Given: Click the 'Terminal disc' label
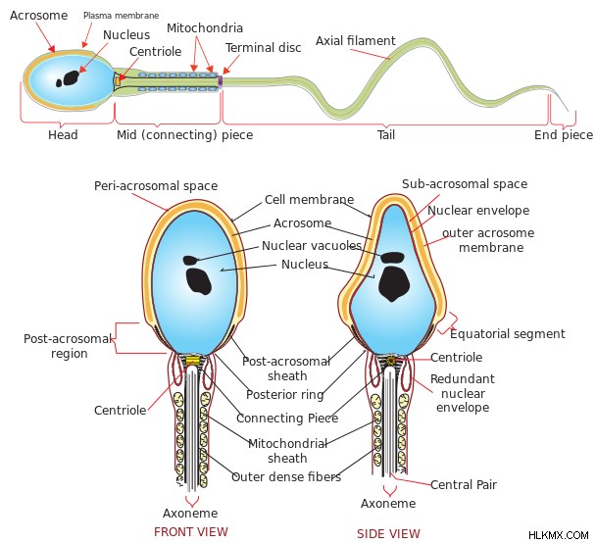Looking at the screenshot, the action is (263, 48).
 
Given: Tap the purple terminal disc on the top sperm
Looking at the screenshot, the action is (221, 81).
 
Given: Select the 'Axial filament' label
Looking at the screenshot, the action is (356, 40).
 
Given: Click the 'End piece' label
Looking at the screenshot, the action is (564, 135).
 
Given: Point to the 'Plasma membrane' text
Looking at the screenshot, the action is (121, 16).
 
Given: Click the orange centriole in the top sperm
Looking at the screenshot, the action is (119, 81).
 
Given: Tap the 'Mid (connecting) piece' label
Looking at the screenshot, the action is (184, 135).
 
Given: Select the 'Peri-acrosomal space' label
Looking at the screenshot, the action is (156, 186).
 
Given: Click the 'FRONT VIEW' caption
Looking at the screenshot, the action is (191, 531).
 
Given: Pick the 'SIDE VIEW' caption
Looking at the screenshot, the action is (388, 534).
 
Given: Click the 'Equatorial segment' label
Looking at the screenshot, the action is (508, 334).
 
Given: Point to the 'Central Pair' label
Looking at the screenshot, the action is (464, 485).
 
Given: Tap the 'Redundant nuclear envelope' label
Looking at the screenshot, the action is (463, 393).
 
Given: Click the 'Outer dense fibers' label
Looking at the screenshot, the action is (286, 477).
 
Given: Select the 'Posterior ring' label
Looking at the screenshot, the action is (285, 395).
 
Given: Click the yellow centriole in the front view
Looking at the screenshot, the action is (193, 361).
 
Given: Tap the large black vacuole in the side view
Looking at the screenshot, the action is (394, 283).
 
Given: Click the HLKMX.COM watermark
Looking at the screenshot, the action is (559, 535).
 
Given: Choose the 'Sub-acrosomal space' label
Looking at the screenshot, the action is (465, 184).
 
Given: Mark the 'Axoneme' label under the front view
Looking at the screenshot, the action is (190, 514).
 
